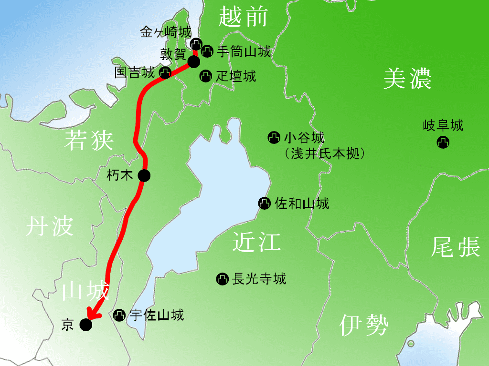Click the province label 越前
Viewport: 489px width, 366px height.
coord(243,17)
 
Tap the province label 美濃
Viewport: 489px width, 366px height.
coord(408,79)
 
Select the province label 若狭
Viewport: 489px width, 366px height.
coord(89,141)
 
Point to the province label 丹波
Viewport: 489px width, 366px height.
coord(50,226)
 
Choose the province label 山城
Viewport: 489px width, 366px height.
coord(86,290)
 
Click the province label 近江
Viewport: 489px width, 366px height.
coord(256,242)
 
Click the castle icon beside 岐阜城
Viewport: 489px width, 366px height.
coord(443,142)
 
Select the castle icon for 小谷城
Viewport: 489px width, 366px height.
coord(274,138)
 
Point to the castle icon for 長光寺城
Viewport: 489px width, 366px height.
coord(222,279)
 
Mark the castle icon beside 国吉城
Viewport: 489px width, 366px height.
coord(165,73)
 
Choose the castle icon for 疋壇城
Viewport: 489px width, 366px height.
coord(206,75)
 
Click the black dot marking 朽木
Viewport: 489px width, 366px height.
coord(144,175)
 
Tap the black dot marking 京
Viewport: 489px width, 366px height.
coord(85,325)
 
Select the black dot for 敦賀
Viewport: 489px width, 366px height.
coord(193,61)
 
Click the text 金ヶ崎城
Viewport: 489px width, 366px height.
coord(166,32)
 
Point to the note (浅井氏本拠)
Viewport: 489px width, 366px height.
coord(325,153)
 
